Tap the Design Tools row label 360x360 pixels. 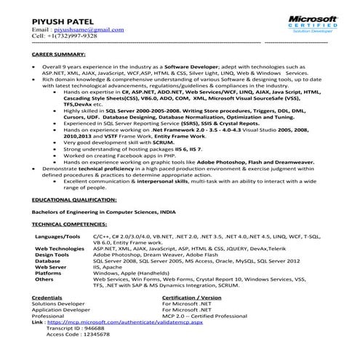coord(52,255)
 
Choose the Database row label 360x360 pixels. coord(47,261)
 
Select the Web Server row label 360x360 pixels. coord(49,267)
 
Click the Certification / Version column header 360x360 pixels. coord(191,297)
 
